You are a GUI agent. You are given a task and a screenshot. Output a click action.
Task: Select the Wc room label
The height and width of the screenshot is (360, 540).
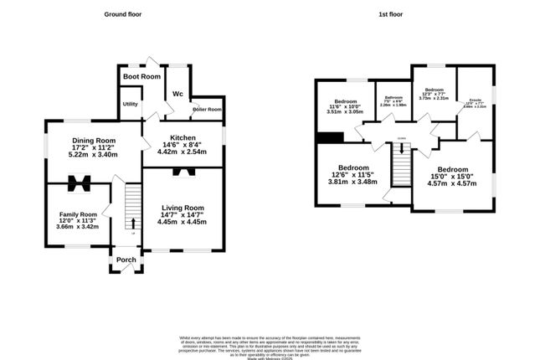click(x=177, y=93)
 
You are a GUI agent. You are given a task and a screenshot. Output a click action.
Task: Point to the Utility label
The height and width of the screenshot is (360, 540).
click(x=131, y=104)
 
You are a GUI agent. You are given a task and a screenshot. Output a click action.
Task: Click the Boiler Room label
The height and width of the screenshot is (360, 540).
click(x=207, y=110)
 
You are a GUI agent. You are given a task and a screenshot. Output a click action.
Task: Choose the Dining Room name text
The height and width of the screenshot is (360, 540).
click(x=92, y=140)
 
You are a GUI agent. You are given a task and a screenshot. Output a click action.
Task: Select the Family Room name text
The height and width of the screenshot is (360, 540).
click(x=77, y=214)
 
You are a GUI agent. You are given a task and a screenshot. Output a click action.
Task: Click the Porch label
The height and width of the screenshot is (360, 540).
click(x=126, y=260)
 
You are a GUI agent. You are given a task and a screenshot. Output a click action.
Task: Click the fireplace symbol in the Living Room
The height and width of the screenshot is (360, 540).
click(x=182, y=172)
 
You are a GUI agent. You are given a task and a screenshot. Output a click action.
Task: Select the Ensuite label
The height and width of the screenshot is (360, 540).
click(x=475, y=100)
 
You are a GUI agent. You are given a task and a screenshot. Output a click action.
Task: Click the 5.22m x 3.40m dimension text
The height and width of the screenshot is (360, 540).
click(x=92, y=155)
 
